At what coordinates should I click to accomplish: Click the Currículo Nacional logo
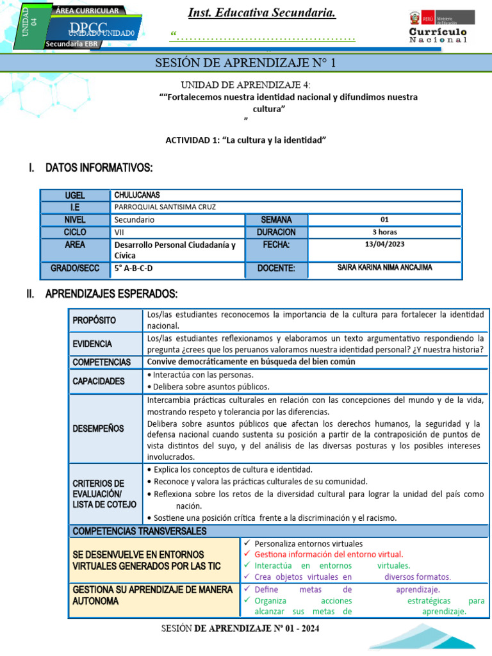[x=438, y=26]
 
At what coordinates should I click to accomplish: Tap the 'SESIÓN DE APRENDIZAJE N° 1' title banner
[x=246, y=63]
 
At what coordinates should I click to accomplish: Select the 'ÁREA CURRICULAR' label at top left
[x=87, y=11]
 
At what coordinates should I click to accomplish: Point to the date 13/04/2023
[x=384, y=244]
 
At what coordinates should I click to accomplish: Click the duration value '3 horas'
[x=384, y=232]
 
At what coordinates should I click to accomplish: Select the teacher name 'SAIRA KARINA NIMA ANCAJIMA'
[x=384, y=268]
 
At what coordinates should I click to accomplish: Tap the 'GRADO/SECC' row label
[x=75, y=268]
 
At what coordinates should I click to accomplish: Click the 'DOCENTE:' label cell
[x=275, y=268]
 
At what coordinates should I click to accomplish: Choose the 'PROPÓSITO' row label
[x=95, y=320]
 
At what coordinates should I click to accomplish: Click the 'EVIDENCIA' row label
[x=93, y=343]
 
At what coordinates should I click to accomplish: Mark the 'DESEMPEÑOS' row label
[x=98, y=428]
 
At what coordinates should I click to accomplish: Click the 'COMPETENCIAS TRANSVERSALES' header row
[x=140, y=531]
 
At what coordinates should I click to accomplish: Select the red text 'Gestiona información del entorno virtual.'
[x=329, y=554]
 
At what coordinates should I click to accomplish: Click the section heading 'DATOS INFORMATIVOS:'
[x=99, y=168]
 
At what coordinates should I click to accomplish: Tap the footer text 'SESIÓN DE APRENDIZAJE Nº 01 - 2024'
[x=240, y=628]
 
